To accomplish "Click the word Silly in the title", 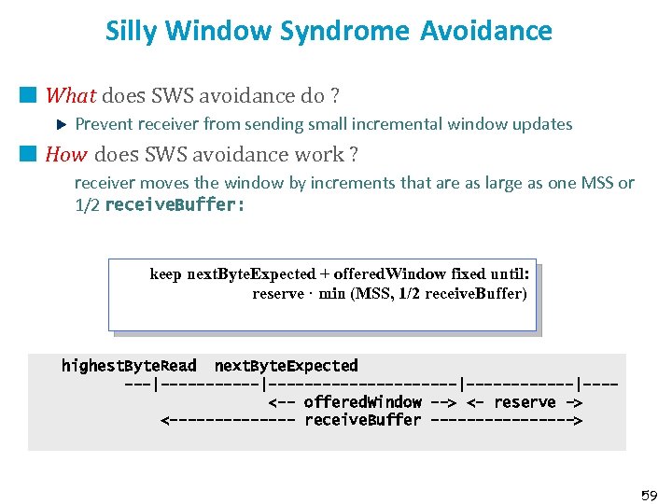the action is coord(130,31).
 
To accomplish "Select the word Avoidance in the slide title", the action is coord(486,31).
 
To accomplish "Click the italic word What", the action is coord(71,95).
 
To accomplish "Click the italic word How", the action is coord(66,154).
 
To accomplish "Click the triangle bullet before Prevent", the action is coord(62,123).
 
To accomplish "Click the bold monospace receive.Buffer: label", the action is coord(175,204).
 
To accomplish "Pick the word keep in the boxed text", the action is coord(165,273).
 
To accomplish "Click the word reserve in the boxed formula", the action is coord(278,293).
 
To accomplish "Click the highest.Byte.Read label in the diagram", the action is coord(128,365).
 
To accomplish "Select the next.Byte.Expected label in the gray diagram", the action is coord(286,365).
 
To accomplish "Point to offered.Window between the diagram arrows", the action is coord(362,401).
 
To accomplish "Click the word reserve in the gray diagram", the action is coord(525,401).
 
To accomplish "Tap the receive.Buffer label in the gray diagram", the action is coord(362,420).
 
